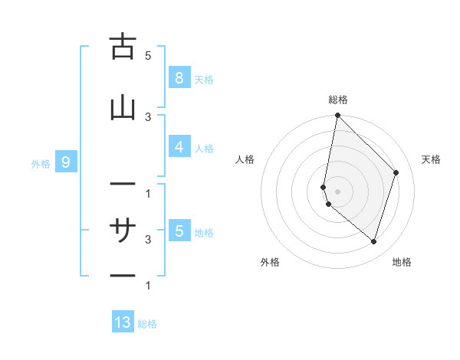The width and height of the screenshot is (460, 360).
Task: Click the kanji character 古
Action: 123,47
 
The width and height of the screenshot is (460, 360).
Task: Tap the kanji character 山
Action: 123,109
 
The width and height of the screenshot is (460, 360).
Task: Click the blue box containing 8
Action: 179,77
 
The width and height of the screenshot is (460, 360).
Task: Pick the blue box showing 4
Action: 179,147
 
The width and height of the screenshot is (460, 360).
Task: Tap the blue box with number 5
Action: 179,231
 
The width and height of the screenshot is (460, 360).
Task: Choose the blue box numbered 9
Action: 66,162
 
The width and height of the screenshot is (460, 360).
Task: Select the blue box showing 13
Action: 123,322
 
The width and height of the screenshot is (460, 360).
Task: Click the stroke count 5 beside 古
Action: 148,56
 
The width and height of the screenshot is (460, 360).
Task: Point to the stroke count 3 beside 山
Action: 148,116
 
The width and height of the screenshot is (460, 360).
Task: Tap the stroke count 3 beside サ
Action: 148,239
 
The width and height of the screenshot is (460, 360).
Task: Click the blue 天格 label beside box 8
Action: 204,79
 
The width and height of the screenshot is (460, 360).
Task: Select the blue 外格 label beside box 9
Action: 41,163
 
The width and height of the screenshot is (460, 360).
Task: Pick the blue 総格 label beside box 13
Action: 147,324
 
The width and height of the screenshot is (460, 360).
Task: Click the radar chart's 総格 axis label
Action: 338,100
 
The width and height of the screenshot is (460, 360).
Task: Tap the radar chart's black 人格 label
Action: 245,159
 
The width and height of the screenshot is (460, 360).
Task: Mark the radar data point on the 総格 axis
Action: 337,115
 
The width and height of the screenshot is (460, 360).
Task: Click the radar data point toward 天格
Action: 396,172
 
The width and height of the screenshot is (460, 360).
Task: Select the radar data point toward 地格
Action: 374,242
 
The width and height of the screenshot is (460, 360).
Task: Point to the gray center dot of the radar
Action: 337,191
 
